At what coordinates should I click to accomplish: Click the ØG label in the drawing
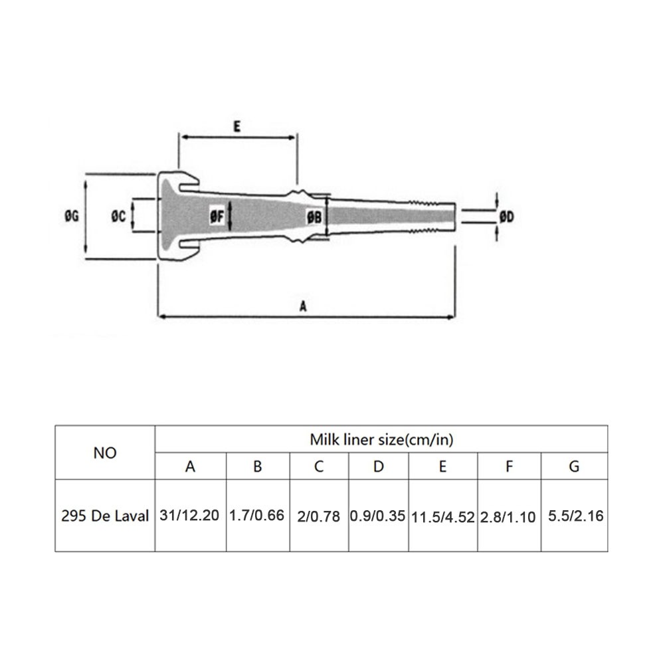tap(72, 216)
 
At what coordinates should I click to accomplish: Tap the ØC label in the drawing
tap(118, 217)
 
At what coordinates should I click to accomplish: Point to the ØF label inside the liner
tap(217, 217)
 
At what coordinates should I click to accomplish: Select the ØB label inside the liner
tap(314, 217)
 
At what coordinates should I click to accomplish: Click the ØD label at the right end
tap(507, 217)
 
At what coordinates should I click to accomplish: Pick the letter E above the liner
tap(237, 126)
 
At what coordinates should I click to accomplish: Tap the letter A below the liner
tap(303, 306)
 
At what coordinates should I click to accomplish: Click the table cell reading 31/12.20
tap(189, 516)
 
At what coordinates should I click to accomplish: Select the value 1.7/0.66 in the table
tap(256, 516)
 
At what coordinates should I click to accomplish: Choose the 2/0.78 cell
tap(318, 516)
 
